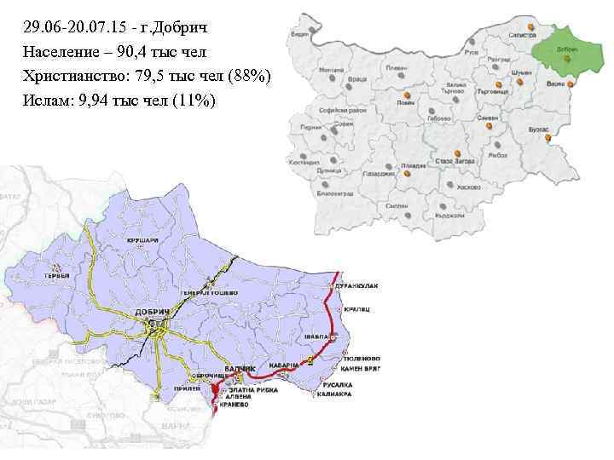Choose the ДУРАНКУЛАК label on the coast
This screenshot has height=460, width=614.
pos(361,283)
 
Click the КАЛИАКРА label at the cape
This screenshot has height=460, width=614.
pos(339,405)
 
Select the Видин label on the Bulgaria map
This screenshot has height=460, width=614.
pos(299,35)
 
